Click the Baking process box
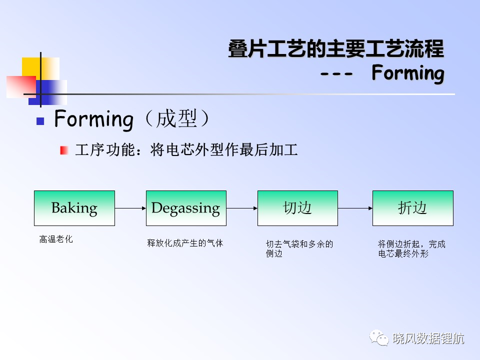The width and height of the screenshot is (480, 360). (x=74, y=208)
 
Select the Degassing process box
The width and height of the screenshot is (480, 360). (x=186, y=208)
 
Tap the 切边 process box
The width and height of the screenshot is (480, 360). (x=297, y=208)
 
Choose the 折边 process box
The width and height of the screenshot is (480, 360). (x=412, y=208)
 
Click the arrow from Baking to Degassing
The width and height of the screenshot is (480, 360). (x=130, y=208)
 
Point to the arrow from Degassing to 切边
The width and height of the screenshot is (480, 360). (x=242, y=208)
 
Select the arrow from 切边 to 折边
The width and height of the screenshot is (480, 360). (x=355, y=208)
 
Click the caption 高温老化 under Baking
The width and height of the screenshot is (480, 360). (x=56, y=239)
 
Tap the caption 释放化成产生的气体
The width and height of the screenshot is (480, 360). (x=185, y=243)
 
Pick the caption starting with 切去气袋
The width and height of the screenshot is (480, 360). (x=299, y=248)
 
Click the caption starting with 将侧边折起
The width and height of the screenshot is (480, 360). (x=411, y=248)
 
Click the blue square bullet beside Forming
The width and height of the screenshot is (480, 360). (x=40, y=121)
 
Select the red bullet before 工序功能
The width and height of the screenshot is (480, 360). (x=64, y=150)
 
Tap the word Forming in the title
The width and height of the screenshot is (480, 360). (x=408, y=73)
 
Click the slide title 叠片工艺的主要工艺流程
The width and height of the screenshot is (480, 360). (x=336, y=49)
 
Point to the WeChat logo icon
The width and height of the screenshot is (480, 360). (x=379, y=337)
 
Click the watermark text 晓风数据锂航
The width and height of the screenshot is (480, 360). (x=428, y=338)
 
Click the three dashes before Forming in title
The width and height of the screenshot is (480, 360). (x=336, y=74)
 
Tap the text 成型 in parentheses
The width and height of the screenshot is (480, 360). (x=176, y=119)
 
